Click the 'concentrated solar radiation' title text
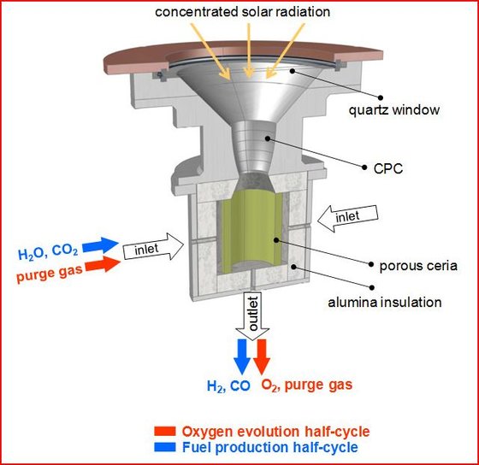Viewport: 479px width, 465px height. click(243, 12)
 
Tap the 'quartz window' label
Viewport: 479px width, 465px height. click(394, 110)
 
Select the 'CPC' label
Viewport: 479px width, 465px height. click(388, 168)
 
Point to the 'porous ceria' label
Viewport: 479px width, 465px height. click(418, 266)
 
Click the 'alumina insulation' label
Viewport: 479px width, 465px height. click(385, 303)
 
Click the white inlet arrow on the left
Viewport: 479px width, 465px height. click(153, 247)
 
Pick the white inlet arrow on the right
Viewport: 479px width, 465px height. click(347, 218)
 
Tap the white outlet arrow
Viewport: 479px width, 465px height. click(252, 316)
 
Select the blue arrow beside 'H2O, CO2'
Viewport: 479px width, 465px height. click(100, 245)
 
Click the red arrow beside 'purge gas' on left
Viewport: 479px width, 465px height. click(103, 264)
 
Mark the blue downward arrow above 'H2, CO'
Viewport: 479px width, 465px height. click(242, 356)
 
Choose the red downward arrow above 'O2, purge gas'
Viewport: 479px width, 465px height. click(262, 356)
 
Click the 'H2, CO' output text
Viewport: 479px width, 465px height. click(228, 386)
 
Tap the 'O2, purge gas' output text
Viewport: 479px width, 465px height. click(307, 386)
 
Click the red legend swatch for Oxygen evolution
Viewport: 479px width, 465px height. click(165, 432)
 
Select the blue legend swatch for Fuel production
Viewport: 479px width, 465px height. click(165, 447)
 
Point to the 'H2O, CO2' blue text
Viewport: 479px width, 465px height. click(48, 252)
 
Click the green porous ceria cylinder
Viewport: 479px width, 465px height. click(251, 232)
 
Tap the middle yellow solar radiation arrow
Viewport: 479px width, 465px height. click(249, 50)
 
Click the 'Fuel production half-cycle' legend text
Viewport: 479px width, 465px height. click(270, 447)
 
